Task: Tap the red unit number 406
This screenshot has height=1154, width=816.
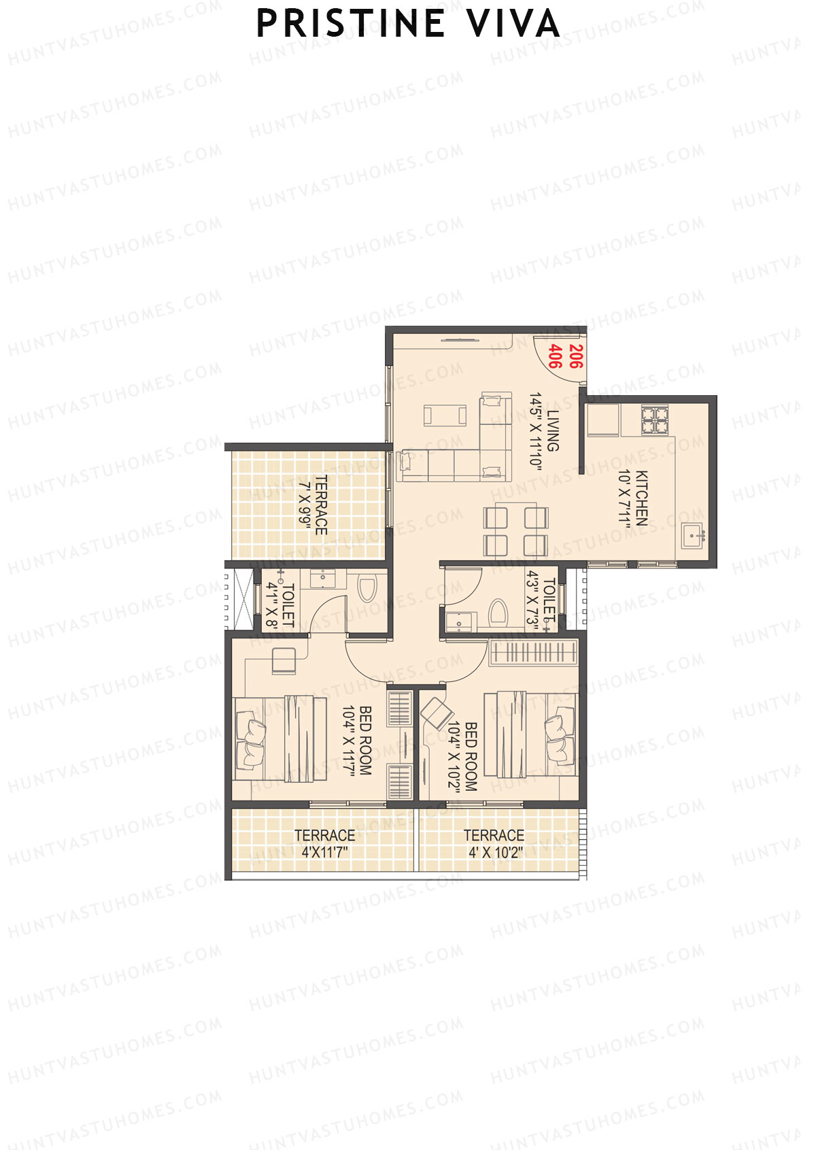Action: click(x=555, y=356)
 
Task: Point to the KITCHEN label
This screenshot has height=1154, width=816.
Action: click(x=641, y=498)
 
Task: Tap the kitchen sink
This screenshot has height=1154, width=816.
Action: click(x=694, y=536)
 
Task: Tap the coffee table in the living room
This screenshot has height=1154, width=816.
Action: click(x=445, y=415)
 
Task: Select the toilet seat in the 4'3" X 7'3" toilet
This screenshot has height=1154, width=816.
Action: click(x=498, y=612)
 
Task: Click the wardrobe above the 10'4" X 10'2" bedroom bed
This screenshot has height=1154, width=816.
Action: click(x=533, y=652)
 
